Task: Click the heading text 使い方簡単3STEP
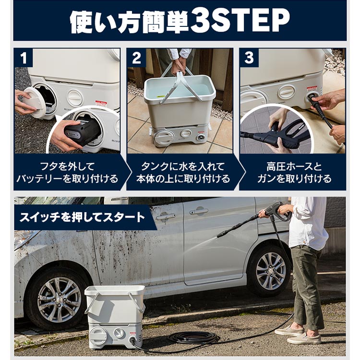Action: pyautogui.click(x=180, y=21)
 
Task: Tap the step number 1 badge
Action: pyautogui.click(x=24, y=58)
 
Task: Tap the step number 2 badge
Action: pyautogui.click(x=136, y=58)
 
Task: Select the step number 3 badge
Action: pyautogui.click(x=249, y=58)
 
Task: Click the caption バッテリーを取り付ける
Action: pyautogui.click(x=67, y=179)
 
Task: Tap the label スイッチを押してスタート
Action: pyautogui.click(x=81, y=217)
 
